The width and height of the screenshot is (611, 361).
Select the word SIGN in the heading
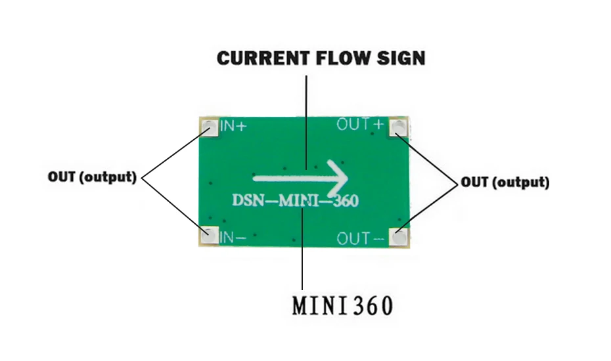click(401, 58)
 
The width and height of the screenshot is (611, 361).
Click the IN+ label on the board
click(233, 126)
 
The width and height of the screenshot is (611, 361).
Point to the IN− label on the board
click(233, 237)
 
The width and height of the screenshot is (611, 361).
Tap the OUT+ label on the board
click(361, 125)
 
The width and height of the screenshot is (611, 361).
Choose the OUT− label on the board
click(361, 238)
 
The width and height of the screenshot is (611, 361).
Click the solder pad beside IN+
click(210, 127)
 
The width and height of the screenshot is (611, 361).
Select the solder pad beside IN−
click(210, 235)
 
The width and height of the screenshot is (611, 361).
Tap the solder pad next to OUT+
click(398, 127)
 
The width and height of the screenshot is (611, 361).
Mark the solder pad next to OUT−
click(399, 237)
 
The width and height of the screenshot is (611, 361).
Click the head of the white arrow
click(338, 179)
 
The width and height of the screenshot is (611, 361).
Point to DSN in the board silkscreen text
click(244, 200)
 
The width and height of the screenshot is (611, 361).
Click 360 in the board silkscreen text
click(345, 201)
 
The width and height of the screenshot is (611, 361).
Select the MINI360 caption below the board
click(342, 305)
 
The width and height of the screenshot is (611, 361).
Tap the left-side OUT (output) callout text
click(93, 177)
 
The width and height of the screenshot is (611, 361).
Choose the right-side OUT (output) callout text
click(505, 182)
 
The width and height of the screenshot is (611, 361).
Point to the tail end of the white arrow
click(254, 179)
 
